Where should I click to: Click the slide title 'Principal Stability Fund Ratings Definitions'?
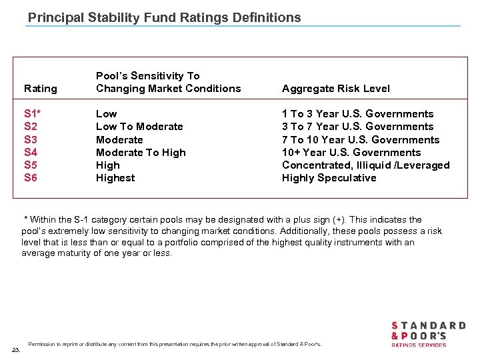point(164,17)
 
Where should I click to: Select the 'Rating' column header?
point(40,89)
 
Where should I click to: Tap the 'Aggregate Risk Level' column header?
point(335,89)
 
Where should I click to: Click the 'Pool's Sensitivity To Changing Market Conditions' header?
point(168,82)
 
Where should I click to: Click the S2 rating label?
point(31,127)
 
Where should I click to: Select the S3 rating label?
point(31,140)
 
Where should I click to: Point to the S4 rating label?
point(31,153)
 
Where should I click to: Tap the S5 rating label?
point(31,165)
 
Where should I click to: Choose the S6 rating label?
point(31,178)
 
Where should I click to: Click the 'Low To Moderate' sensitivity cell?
point(139,127)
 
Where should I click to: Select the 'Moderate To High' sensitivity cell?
point(141,153)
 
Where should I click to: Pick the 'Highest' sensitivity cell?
point(115,178)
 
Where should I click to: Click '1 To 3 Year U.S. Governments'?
point(357,114)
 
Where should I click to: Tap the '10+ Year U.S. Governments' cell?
point(351,153)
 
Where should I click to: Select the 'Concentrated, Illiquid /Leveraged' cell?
point(365,165)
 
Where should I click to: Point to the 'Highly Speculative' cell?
point(329,178)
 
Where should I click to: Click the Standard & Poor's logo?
point(427,334)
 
